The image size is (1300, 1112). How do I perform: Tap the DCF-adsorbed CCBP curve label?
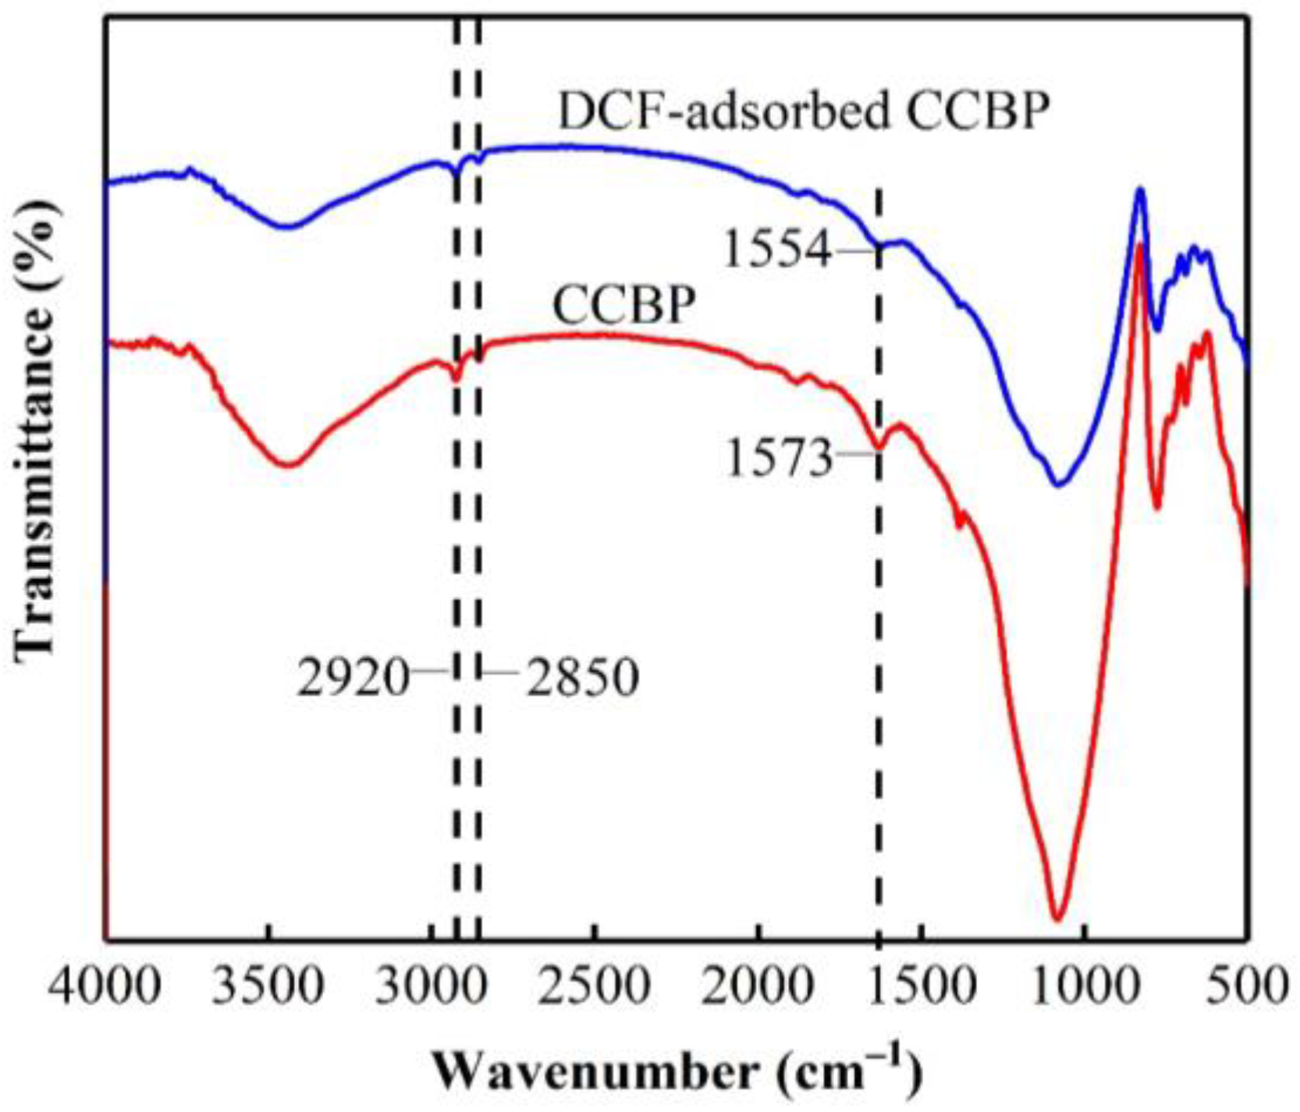pos(803,112)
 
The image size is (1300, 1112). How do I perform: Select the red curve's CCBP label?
pos(623,304)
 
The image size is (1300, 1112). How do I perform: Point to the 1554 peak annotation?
pos(777,251)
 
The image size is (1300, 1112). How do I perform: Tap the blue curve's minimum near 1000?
pos(1059,484)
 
